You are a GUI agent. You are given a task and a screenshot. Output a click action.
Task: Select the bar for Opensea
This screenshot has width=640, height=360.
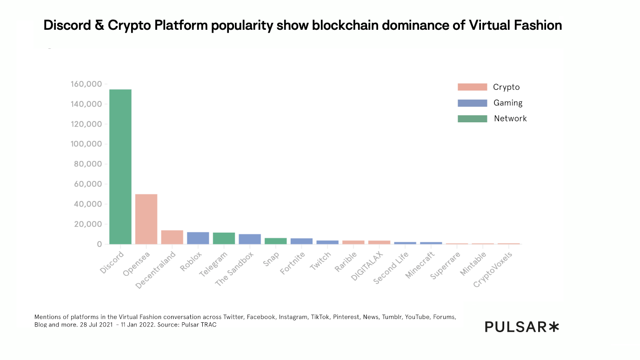(x=146, y=219)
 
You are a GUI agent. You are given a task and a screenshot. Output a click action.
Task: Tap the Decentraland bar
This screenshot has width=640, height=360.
(x=172, y=237)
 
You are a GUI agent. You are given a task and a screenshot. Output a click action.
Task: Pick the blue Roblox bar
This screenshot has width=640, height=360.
(x=198, y=238)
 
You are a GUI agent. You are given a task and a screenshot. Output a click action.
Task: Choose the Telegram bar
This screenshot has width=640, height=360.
(x=224, y=238)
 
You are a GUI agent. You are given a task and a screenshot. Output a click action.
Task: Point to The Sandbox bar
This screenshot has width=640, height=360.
(x=250, y=239)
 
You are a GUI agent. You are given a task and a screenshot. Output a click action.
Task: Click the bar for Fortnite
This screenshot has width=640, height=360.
(x=301, y=241)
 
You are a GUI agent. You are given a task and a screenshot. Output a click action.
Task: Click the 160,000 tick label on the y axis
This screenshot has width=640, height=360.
(x=86, y=84)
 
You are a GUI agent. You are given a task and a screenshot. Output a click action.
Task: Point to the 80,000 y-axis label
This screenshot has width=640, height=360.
(x=88, y=164)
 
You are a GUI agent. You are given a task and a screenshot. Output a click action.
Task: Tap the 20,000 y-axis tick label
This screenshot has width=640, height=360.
(x=88, y=224)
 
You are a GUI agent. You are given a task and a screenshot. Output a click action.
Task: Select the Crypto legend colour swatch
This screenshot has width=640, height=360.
(x=472, y=87)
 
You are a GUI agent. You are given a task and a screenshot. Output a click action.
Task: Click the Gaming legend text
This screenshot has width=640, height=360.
(x=508, y=103)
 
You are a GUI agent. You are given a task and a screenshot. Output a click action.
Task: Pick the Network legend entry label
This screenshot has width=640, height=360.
(x=510, y=119)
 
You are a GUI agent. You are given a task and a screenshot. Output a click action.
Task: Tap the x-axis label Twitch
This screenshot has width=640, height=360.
(x=320, y=261)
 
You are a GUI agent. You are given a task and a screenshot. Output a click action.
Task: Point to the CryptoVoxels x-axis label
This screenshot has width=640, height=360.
(x=493, y=269)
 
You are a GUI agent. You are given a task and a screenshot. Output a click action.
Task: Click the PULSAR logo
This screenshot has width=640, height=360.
(x=521, y=327)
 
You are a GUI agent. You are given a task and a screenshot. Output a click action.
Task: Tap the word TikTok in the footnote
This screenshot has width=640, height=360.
(x=320, y=317)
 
